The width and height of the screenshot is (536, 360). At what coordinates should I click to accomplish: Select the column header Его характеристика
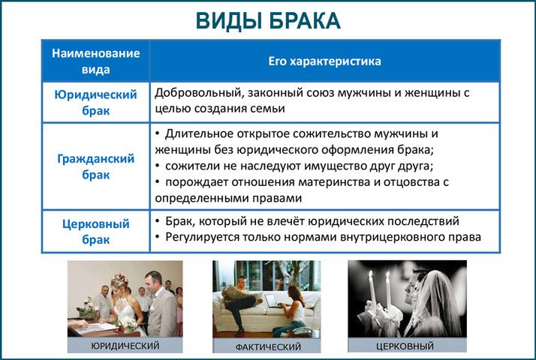pos(325,61)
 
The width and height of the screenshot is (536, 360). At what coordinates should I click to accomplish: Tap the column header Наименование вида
pos(96,61)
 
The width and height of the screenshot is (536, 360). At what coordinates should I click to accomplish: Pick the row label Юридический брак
pos(96,102)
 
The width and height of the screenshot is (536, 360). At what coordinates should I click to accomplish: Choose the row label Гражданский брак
pos(96,166)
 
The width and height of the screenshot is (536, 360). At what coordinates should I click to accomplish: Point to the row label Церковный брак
pos(96,232)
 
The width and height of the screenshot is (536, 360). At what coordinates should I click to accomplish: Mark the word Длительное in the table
pos(195,133)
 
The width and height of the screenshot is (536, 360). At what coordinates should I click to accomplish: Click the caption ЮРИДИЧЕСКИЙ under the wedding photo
pos(125,346)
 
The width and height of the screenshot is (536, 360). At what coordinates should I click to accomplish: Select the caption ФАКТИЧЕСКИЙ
pos(268,347)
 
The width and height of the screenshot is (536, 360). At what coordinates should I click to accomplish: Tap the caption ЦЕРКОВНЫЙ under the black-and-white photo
pos(405,346)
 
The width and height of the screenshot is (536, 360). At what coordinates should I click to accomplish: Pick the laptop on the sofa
pos(273,301)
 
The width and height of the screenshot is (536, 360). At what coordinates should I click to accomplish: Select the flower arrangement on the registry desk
pos(88,307)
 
